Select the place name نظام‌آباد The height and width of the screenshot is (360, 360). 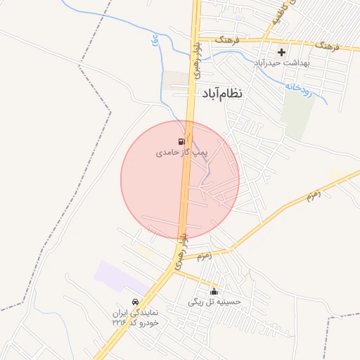click(222, 93)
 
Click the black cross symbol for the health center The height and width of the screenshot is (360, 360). click(282, 52)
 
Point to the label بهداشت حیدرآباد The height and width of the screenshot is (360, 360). click(282, 62)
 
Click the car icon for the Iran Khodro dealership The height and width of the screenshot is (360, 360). click(136, 302)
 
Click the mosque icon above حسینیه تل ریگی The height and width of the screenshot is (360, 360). click(214, 292)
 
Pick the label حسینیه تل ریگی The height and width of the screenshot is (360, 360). click(214, 302)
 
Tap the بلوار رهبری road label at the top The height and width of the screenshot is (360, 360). click(197, 60)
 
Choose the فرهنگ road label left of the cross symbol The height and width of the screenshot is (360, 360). click(227, 41)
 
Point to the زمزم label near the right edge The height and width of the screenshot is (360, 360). click(313, 193)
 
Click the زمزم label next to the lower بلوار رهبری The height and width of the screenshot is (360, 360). click(204, 256)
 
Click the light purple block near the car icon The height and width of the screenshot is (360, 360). click(120, 276)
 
